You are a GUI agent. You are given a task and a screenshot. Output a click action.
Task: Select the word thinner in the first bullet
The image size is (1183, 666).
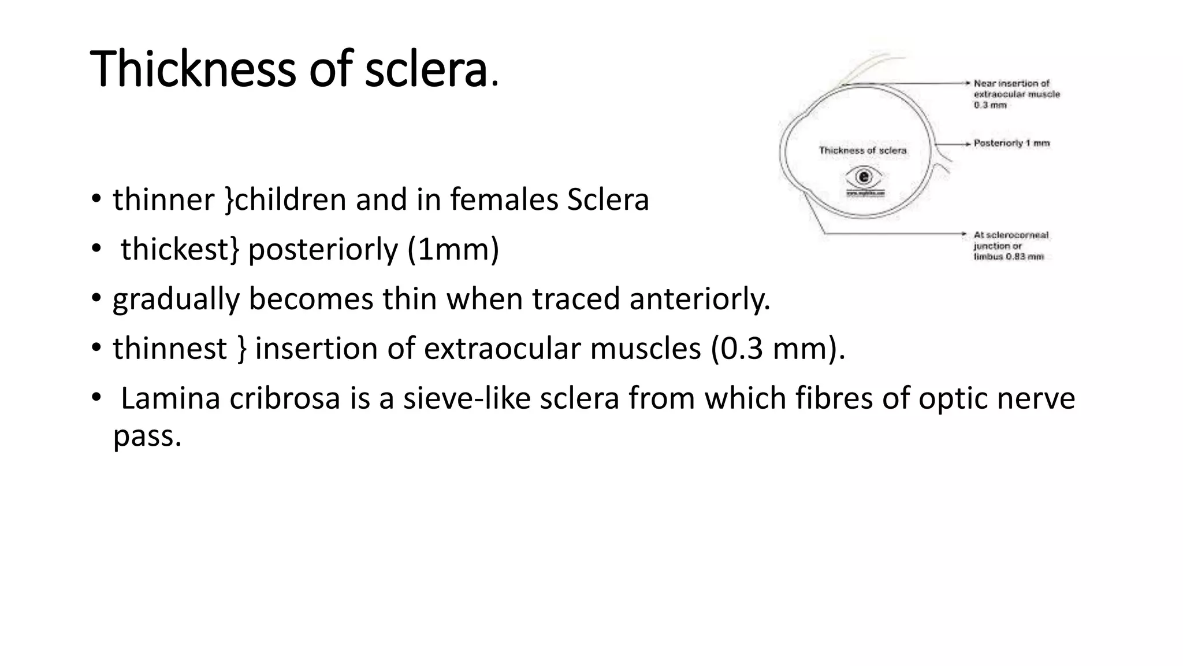click(x=163, y=200)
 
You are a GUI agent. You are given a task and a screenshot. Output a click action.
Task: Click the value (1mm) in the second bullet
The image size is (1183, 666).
click(x=453, y=250)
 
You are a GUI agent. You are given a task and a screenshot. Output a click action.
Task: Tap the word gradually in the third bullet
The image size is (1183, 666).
click(x=176, y=299)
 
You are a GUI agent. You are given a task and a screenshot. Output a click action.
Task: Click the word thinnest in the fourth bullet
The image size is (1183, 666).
click(x=170, y=349)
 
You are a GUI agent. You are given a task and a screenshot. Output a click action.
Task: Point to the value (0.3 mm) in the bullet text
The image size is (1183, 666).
click(x=774, y=349)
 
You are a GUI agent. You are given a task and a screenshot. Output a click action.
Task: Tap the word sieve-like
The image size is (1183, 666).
click(x=467, y=399)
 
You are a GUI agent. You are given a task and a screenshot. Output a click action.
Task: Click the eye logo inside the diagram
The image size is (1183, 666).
click(x=865, y=176)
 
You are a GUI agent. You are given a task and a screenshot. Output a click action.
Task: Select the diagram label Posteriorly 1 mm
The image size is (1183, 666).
click(x=1011, y=143)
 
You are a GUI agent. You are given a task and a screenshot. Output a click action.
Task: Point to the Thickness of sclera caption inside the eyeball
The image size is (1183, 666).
click(x=862, y=151)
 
